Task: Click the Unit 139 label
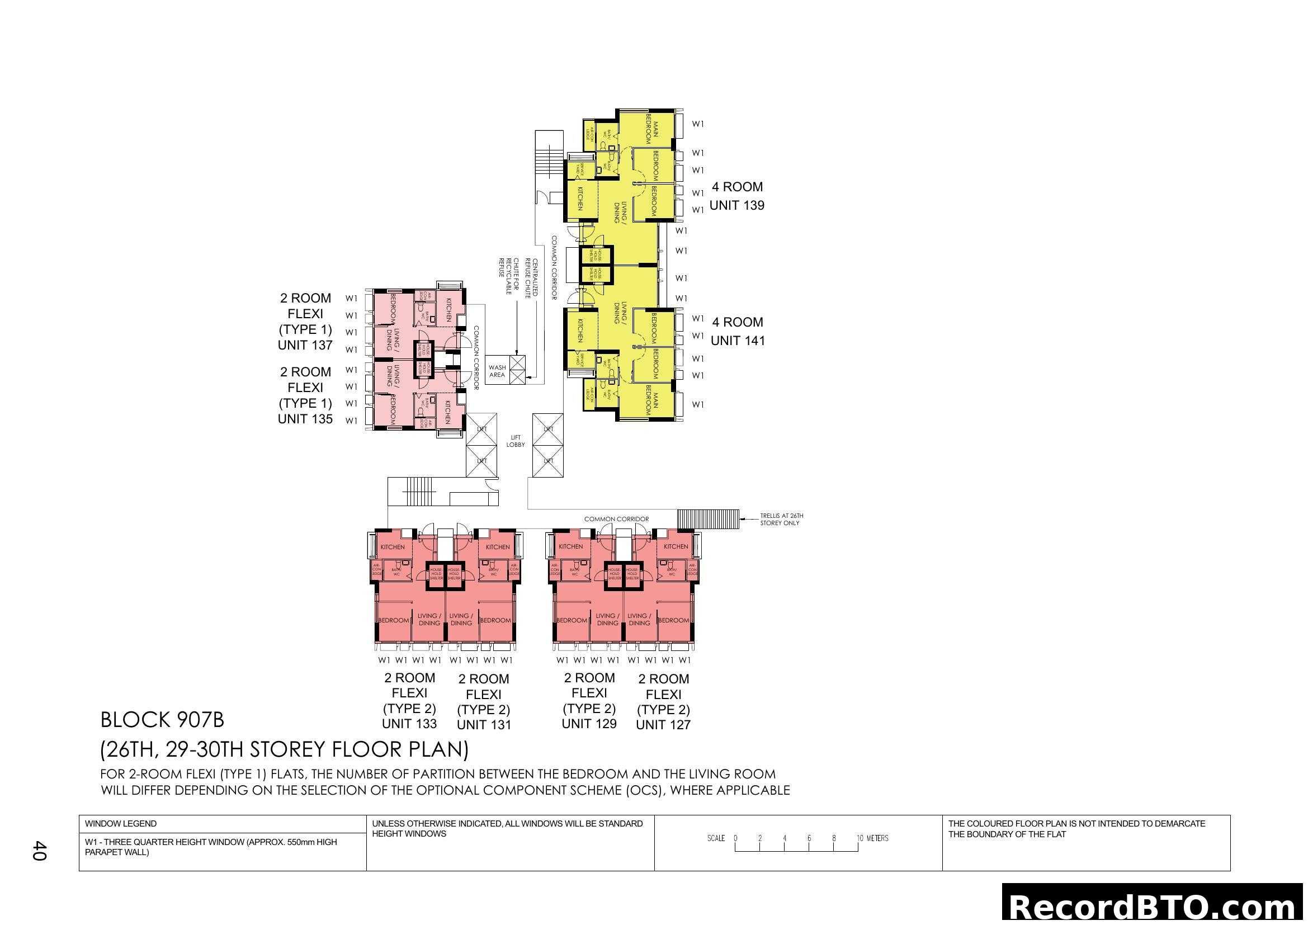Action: [x=736, y=206]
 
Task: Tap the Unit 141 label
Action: [x=738, y=341]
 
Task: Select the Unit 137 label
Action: [x=305, y=345]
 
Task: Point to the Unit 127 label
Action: [x=663, y=725]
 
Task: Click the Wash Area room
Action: [x=497, y=371]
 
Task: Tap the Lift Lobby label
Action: [x=516, y=441]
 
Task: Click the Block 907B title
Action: [x=162, y=720]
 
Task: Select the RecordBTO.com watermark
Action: [x=1154, y=905]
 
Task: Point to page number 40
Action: [x=39, y=851]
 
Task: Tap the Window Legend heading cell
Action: [x=121, y=824]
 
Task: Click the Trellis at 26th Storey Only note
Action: [x=781, y=520]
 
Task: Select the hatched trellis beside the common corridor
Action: [x=707, y=519]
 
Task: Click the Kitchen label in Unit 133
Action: [x=393, y=547]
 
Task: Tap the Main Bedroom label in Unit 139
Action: [x=651, y=131]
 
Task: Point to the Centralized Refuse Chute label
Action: [x=531, y=279]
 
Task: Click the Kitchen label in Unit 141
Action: [x=580, y=331]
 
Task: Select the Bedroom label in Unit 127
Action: [x=673, y=620]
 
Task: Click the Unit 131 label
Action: [x=484, y=725]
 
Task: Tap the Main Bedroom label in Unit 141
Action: [x=651, y=403]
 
